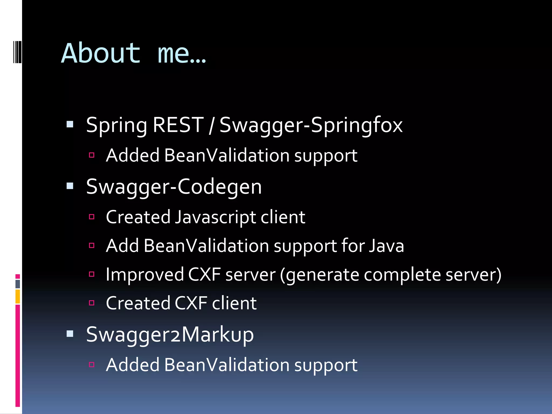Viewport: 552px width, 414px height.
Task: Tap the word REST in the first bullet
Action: [178, 125]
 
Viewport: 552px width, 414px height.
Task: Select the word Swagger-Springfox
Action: [311, 125]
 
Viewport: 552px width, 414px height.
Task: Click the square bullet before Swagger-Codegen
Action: [70, 186]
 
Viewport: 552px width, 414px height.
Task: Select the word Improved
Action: [145, 275]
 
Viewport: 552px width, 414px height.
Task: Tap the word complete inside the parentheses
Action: [402, 275]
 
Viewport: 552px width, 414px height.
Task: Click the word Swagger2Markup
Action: [170, 334]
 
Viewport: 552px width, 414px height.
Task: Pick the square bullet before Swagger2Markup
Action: [70, 334]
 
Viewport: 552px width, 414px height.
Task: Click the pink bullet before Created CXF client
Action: [92, 303]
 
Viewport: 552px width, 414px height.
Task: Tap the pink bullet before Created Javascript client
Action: [92, 217]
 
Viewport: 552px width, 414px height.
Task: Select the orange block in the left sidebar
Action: [18, 296]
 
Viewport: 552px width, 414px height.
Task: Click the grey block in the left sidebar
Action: [18, 284]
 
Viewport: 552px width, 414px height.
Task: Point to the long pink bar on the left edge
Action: [18, 356]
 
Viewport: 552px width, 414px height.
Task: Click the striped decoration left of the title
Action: [17, 52]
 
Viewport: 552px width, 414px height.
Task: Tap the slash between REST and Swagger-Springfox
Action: [212, 125]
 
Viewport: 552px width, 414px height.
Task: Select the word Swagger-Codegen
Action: [174, 187]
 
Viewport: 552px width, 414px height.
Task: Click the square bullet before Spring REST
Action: [70, 124]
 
